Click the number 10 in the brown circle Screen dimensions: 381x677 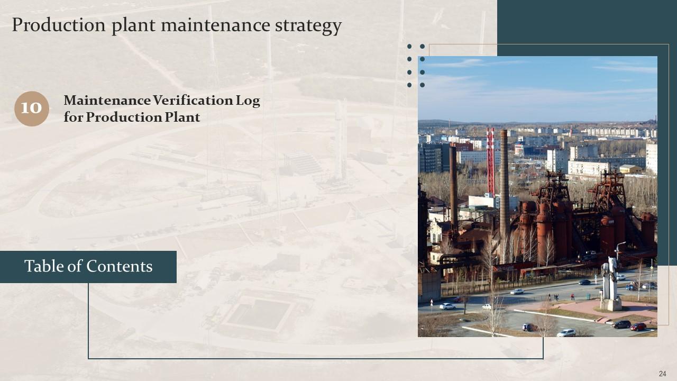point(31,108)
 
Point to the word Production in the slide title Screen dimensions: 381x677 point(59,25)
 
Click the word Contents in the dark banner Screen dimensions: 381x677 point(120,266)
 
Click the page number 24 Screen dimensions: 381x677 point(662,374)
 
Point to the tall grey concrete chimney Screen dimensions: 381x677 point(504,185)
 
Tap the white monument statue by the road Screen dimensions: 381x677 point(611,283)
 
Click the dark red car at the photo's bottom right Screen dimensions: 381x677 point(638,326)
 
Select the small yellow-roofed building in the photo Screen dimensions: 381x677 point(630,169)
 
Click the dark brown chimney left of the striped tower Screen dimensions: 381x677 point(453,185)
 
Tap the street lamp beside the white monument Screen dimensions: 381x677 point(618,254)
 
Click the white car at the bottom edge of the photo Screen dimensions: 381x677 point(565,333)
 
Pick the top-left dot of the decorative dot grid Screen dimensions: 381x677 point(410,47)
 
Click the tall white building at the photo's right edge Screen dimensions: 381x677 point(651,158)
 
